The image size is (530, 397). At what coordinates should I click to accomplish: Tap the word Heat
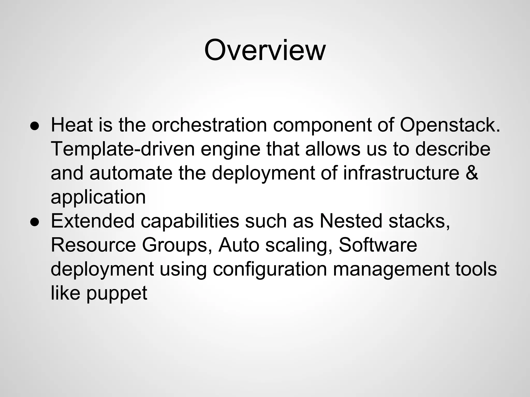click(71, 125)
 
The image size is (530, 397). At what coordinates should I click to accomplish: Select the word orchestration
click(209, 125)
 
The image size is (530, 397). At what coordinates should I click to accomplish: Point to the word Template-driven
click(123, 149)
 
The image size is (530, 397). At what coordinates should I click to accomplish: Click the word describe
click(453, 149)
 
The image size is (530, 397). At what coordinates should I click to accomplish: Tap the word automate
click(131, 173)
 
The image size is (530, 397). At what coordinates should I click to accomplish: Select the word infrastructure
click(401, 173)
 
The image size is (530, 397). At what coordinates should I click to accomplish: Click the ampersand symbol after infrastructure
click(472, 173)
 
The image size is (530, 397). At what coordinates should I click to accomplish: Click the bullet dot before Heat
click(34, 126)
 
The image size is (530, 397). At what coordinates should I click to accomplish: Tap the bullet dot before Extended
click(34, 222)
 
